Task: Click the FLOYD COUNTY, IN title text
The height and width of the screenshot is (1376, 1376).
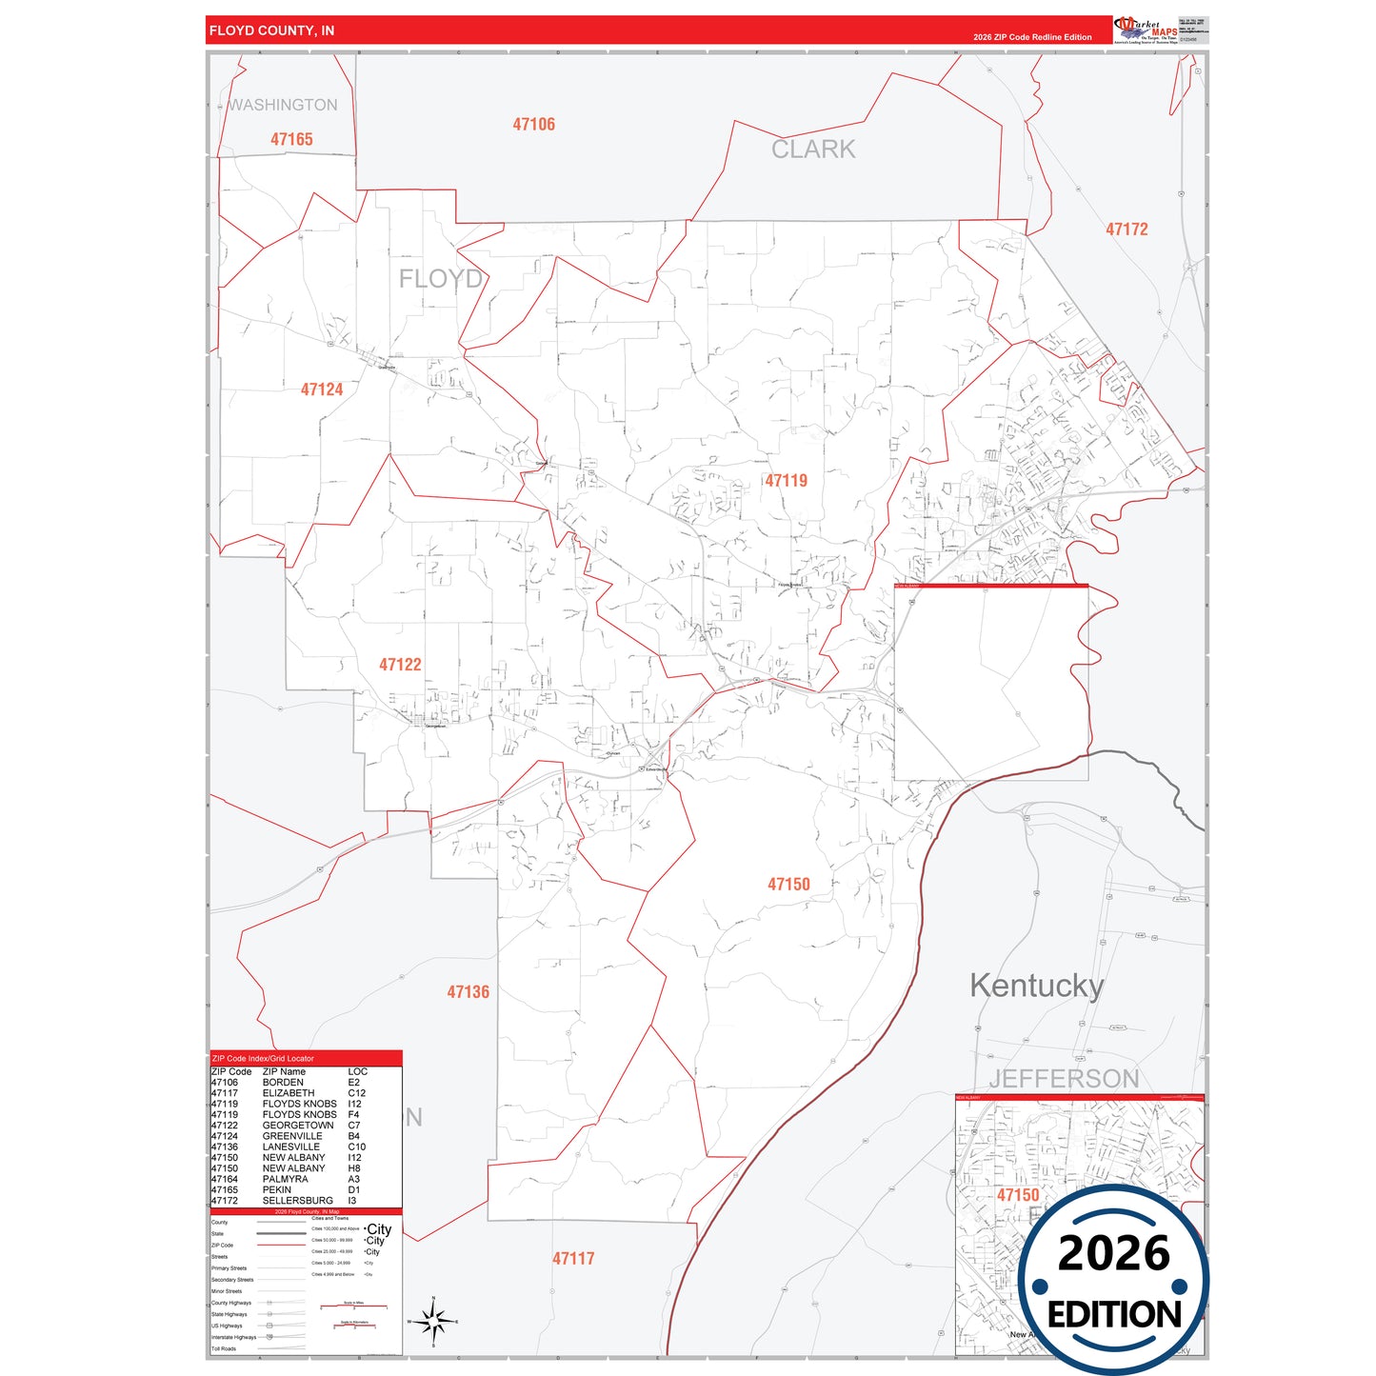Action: click(x=271, y=30)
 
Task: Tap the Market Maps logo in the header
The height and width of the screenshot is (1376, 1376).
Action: click(x=1146, y=30)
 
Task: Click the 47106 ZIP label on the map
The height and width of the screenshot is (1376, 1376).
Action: click(x=533, y=125)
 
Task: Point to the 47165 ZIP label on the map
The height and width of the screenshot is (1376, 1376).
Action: click(x=291, y=140)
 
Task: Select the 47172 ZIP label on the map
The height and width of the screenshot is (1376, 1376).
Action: click(x=1127, y=229)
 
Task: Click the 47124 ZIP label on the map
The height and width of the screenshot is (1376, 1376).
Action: click(x=322, y=389)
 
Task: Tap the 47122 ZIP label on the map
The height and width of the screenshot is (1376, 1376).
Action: click(x=400, y=665)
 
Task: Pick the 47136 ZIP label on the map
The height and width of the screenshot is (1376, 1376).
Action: click(x=468, y=992)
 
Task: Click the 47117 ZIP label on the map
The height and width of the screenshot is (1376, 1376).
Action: click(x=573, y=1259)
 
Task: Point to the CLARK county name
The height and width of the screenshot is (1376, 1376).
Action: click(x=813, y=150)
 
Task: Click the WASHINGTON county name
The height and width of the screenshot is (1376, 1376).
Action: click(x=283, y=105)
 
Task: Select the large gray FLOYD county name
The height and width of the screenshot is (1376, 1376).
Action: click(x=440, y=279)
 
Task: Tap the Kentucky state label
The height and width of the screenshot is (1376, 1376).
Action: click(x=1036, y=986)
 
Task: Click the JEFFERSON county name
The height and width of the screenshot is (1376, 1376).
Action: click(x=1064, y=1079)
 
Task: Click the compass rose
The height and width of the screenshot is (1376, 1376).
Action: click(x=433, y=1321)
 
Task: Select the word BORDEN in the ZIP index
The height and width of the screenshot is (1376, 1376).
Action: click(x=283, y=1083)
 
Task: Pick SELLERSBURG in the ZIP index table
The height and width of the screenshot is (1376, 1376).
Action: click(x=298, y=1201)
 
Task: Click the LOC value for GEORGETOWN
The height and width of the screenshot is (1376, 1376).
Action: click(x=354, y=1126)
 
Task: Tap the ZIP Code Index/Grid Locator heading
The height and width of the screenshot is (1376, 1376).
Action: click(x=263, y=1059)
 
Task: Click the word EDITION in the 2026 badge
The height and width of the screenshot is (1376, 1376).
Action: click(x=1114, y=1315)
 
